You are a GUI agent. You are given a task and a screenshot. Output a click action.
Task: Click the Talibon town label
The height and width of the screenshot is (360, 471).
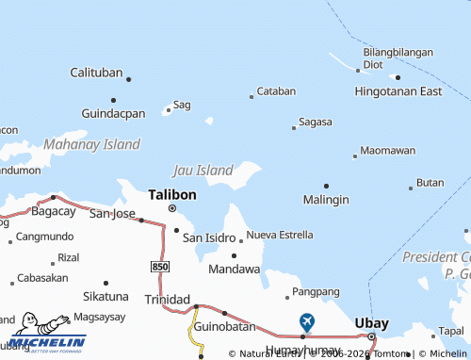[172, 193]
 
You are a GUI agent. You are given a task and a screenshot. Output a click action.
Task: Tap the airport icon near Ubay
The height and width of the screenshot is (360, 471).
[306, 321]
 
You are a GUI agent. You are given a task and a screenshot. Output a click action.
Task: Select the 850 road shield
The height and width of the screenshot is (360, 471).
[160, 268]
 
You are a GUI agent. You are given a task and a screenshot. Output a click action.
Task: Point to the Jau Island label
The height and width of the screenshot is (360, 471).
[203, 171]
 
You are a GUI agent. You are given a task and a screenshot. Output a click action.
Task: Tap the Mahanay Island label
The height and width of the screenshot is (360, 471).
[91, 144]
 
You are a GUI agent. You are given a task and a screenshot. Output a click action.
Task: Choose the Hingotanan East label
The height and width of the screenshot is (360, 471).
[398, 91]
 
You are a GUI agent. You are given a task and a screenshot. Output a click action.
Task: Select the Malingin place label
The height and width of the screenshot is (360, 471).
[326, 200]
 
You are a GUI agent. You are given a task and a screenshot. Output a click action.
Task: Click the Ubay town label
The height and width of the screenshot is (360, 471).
[371, 323]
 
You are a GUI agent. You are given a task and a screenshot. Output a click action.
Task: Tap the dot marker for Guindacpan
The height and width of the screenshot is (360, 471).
[113, 99]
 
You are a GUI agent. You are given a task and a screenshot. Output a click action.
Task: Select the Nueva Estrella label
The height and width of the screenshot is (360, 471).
[280, 235]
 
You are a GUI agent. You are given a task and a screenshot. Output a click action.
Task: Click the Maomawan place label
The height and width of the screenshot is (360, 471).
[387, 151]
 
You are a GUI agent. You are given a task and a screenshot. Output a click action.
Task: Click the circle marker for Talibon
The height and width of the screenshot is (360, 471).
[171, 207]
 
